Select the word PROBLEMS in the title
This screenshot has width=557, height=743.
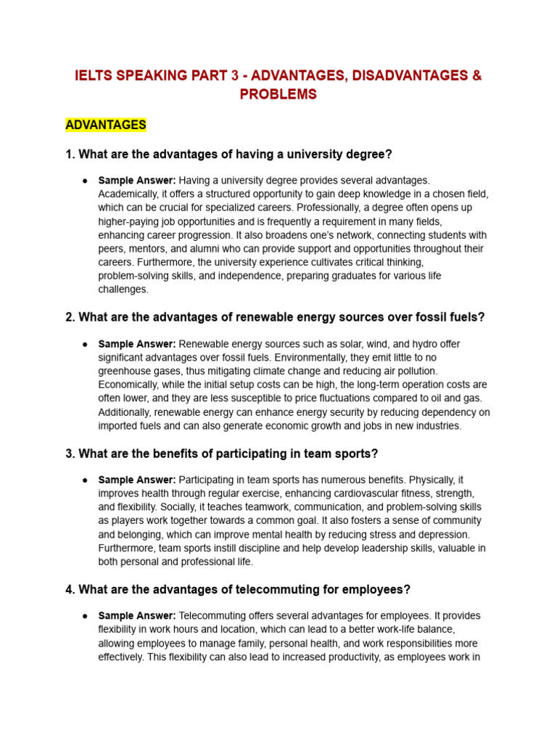tap(278, 94)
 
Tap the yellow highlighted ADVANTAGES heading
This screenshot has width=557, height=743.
tap(106, 125)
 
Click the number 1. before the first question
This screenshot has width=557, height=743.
tap(70, 154)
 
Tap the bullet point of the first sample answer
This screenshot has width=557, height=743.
tap(86, 180)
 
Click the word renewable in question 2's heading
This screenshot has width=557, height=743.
tap(260, 317)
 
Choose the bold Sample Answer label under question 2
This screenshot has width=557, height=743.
tap(137, 344)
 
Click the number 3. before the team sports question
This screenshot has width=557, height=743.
tap(70, 453)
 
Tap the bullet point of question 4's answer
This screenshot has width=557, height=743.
tap(86, 616)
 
